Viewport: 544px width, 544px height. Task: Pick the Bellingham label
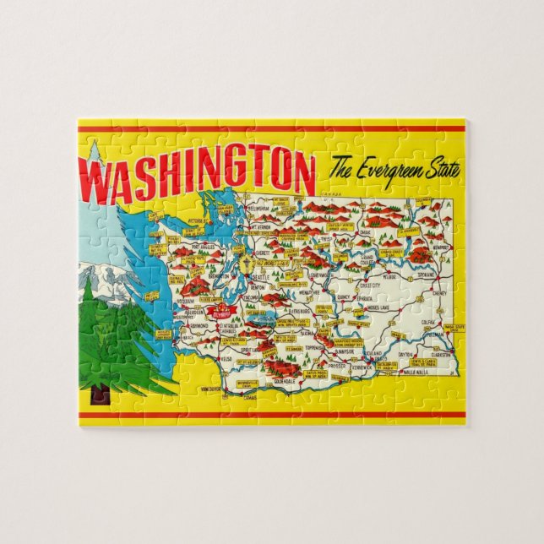coord(258,207)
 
